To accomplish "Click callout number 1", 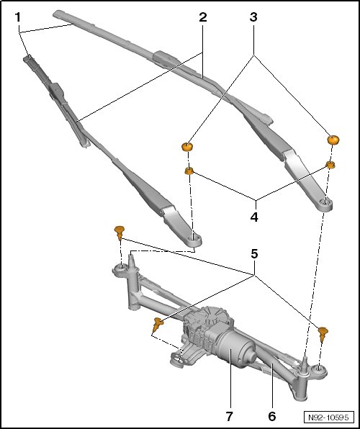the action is pyautogui.click(x=18, y=17).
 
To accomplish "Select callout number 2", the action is pyautogui.click(x=203, y=17).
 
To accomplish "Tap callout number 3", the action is pyautogui.click(x=253, y=17).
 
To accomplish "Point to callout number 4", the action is pyautogui.click(x=254, y=217).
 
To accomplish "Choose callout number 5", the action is pyautogui.click(x=254, y=254).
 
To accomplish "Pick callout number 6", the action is pyautogui.click(x=272, y=417).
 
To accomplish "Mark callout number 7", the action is pyautogui.click(x=229, y=417).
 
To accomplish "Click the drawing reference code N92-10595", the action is pyautogui.click(x=328, y=417).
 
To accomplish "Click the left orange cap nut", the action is pyautogui.click(x=187, y=147).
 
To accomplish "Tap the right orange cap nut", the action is pyautogui.click(x=333, y=140).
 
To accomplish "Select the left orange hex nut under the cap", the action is pyautogui.click(x=189, y=171).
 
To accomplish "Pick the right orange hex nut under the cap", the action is pyautogui.click(x=330, y=165).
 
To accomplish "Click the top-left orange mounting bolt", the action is pyautogui.click(x=120, y=232).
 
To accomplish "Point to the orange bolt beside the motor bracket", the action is pyautogui.click(x=158, y=325).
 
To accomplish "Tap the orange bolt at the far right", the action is pyautogui.click(x=323, y=334).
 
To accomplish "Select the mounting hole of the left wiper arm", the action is pyautogui.click(x=195, y=239).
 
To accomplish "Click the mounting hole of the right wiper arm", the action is pyautogui.click(x=325, y=203).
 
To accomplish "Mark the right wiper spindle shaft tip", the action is pyautogui.click(x=305, y=358).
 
